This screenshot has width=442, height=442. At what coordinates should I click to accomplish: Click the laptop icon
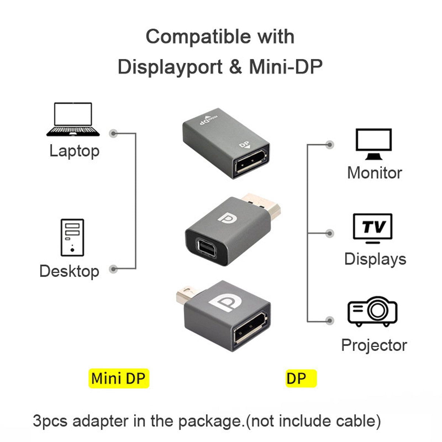(73, 119)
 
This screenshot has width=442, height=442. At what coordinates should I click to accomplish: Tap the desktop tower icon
(72, 238)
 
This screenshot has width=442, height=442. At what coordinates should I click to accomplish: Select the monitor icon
(373, 144)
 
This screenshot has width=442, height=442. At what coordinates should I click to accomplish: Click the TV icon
(373, 228)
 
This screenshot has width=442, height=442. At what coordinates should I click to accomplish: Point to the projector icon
(372, 312)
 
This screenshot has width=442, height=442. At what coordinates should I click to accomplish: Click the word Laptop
(74, 151)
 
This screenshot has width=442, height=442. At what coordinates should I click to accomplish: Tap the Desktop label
(69, 271)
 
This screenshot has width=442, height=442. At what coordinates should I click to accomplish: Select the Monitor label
(374, 173)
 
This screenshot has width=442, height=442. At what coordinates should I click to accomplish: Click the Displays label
(375, 259)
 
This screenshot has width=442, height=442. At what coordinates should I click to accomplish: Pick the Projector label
(374, 345)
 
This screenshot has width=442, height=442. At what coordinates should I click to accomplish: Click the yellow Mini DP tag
(118, 378)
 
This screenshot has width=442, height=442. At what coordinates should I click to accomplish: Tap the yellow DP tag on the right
(301, 378)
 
